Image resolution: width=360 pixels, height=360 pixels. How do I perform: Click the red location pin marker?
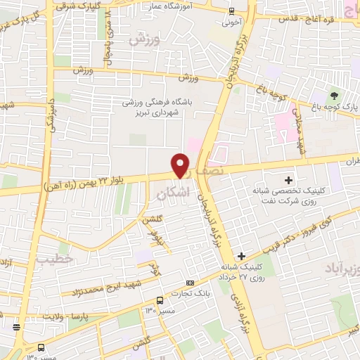(x=181, y=165)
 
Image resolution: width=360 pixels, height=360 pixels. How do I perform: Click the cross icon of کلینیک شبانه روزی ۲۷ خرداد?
(x=242, y=255)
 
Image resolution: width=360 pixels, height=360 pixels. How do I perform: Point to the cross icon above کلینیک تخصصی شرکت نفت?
(x=288, y=179)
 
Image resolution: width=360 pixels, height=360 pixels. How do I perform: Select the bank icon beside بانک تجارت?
(x=191, y=281)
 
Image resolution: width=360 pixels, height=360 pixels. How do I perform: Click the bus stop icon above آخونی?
(x=232, y=11)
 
